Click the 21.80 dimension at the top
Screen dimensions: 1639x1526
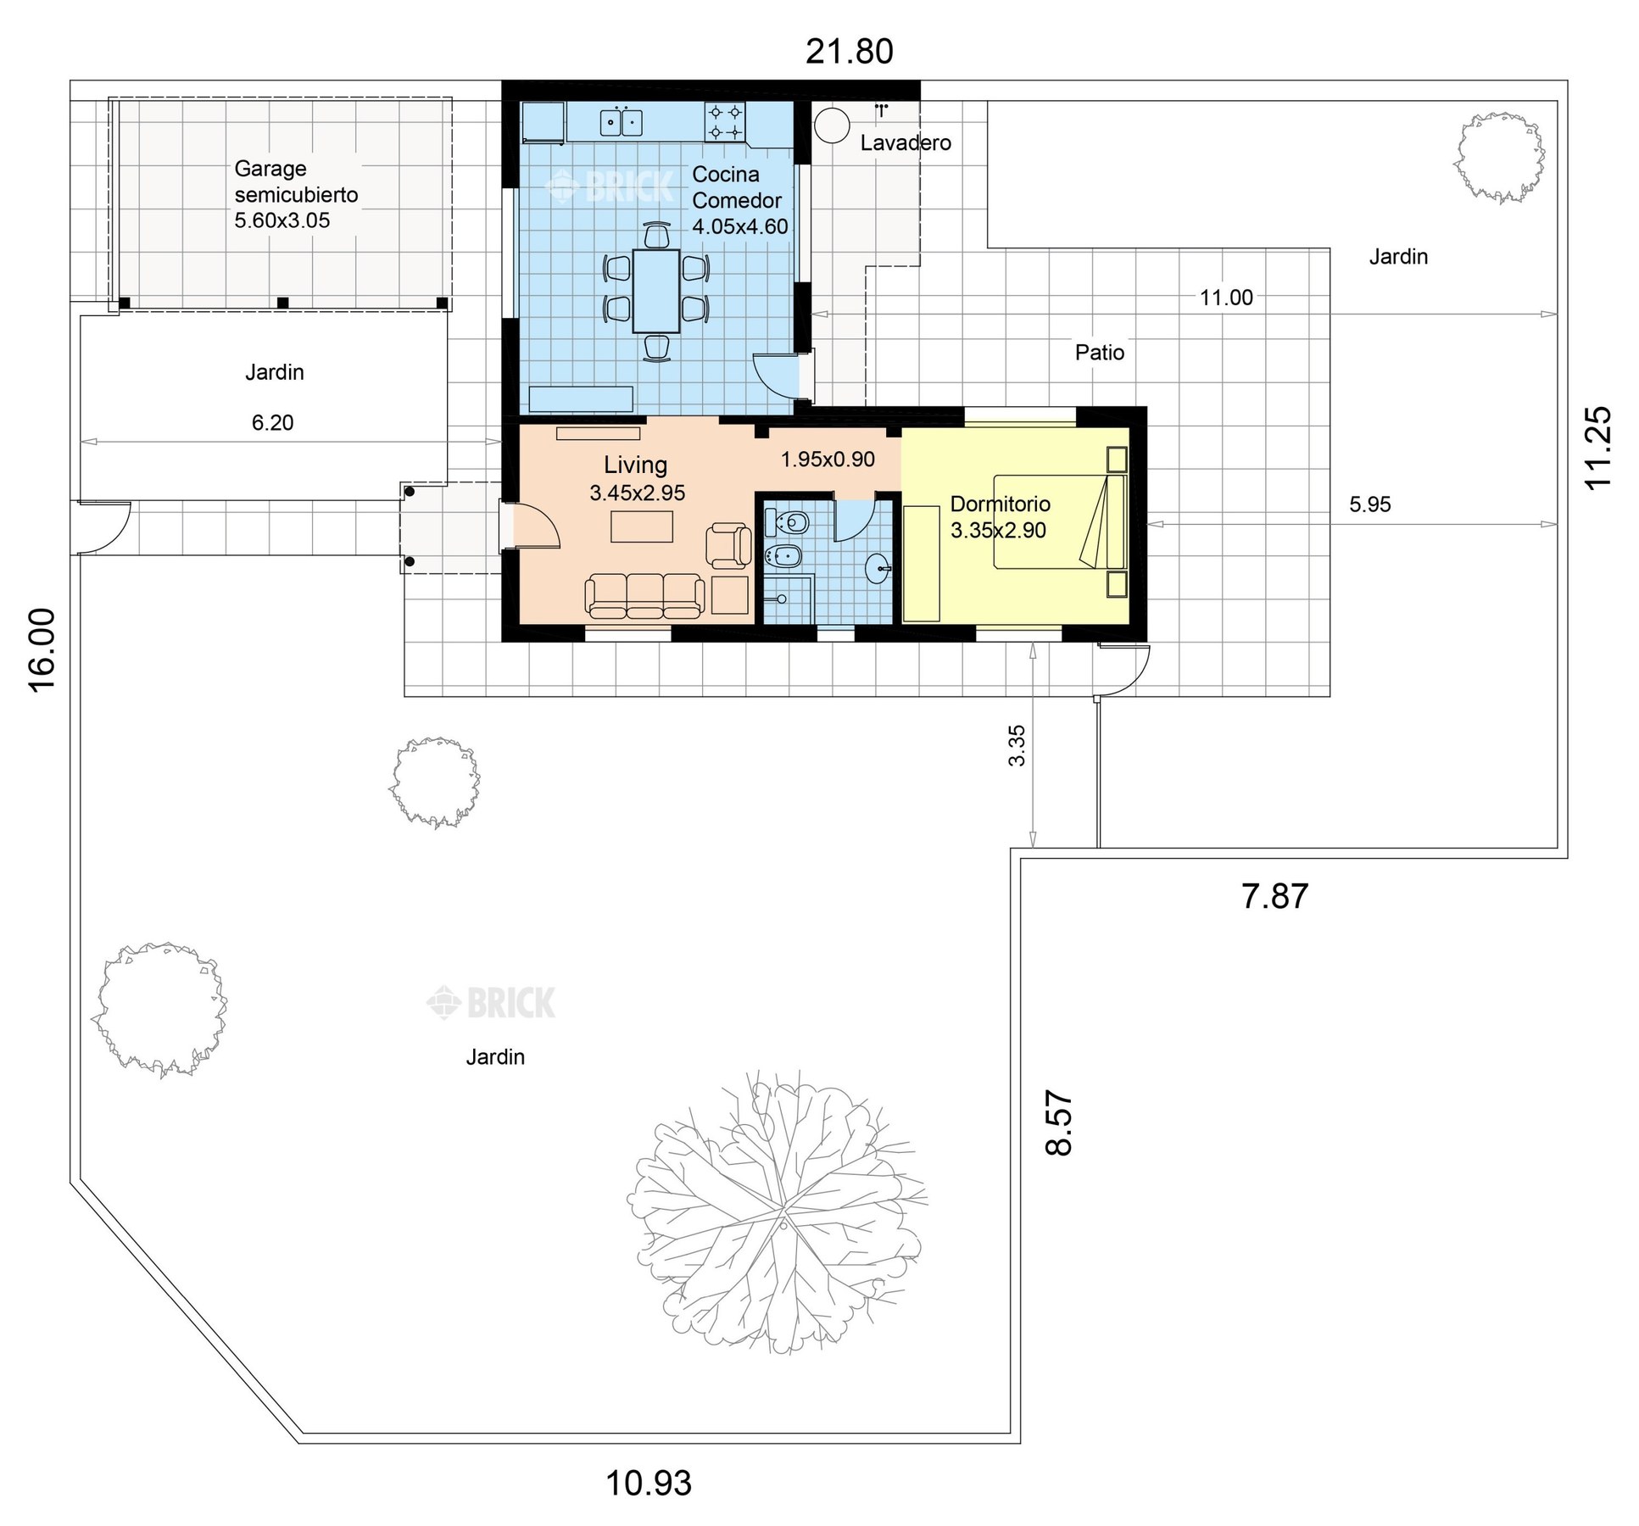(x=849, y=52)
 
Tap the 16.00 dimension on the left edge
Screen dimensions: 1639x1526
(x=42, y=649)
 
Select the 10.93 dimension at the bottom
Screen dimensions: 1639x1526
(x=649, y=1483)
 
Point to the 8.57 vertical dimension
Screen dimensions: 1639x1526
(x=1059, y=1122)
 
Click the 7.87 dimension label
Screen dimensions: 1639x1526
(x=1274, y=896)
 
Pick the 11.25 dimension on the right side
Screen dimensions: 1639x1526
(x=1597, y=448)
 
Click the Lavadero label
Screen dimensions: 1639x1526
(x=906, y=142)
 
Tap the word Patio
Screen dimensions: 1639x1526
(x=1100, y=353)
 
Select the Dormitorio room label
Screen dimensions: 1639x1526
(x=1001, y=504)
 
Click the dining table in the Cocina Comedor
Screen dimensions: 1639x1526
(x=655, y=291)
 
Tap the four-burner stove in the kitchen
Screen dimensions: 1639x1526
(x=725, y=121)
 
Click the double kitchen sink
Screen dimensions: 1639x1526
(x=621, y=122)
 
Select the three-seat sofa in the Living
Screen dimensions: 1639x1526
(x=644, y=595)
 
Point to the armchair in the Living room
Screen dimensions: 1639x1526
(x=728, y=545)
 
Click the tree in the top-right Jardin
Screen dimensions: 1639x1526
(x=1498, y=158)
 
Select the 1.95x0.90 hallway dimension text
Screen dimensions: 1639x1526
(x=828, y=459)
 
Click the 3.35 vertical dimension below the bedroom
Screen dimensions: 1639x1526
(x=1017, y=745)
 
